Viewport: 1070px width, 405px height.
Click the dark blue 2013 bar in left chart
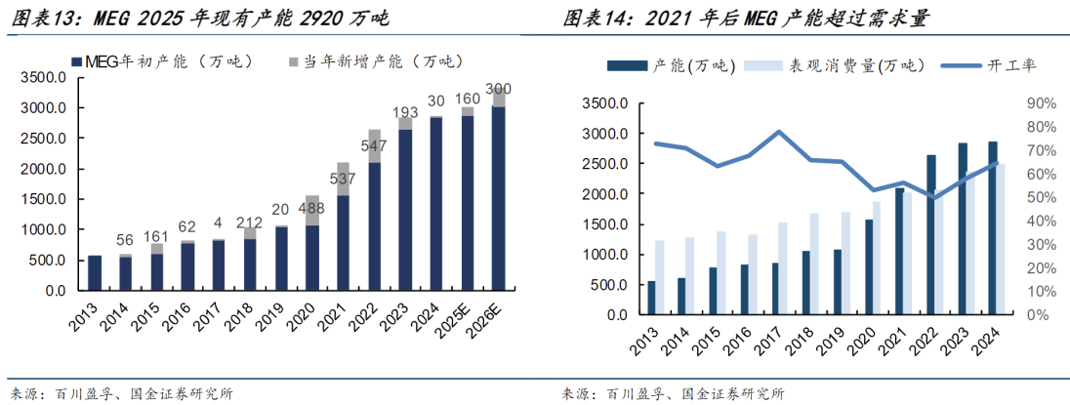click(x=95, y=272)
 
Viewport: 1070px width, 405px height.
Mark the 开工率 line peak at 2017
click(x=779, y=131)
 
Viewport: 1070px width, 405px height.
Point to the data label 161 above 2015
click(x=156, y=235)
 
